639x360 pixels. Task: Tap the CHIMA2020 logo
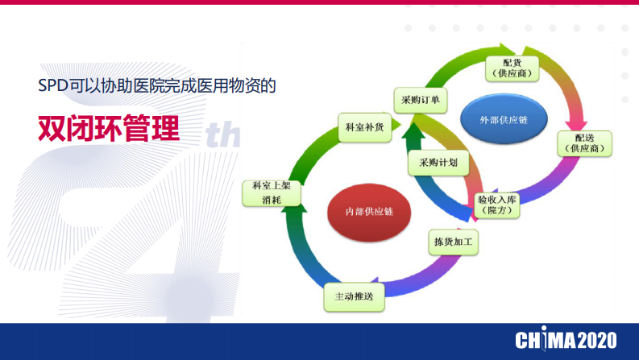565,341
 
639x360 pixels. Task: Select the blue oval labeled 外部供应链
503,120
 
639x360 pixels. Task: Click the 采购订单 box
420,100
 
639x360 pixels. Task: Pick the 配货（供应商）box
511,68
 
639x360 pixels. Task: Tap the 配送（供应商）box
584,143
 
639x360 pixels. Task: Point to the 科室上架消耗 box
271,192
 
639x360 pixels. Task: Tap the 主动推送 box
354,297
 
